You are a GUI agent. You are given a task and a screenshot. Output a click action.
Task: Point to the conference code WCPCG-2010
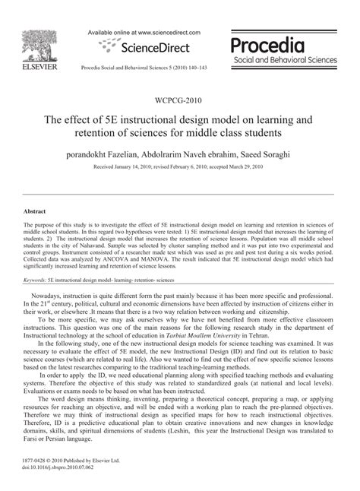(x=180, y=99)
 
